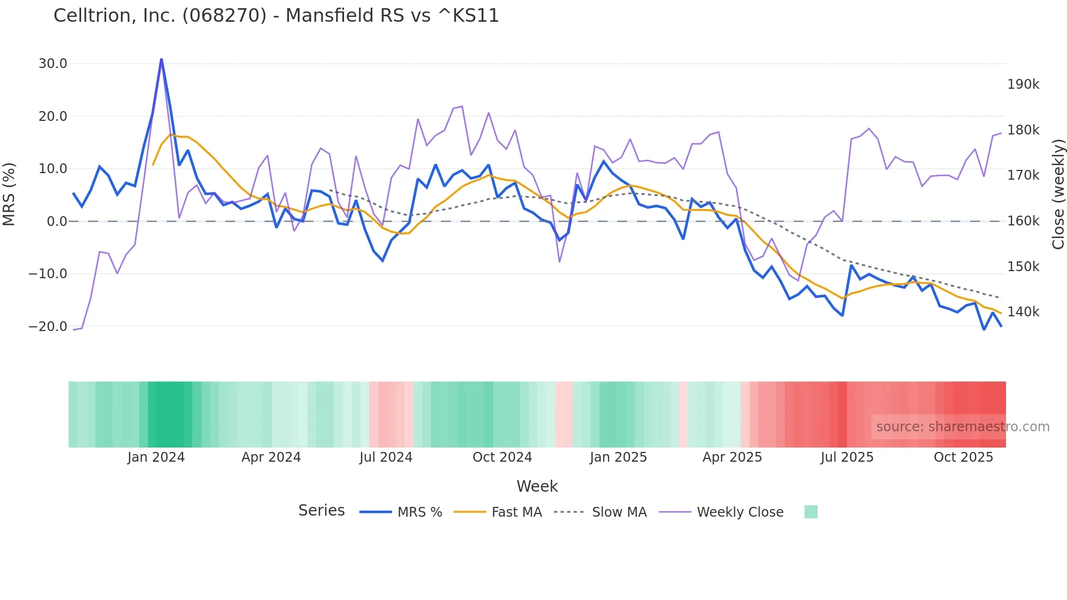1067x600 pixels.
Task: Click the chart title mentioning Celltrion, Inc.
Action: click(x=276, y=15)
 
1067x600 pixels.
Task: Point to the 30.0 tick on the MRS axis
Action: click(x=53, y=64)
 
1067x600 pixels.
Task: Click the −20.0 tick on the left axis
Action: click(x=48, y=327)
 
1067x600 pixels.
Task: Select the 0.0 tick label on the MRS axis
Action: click(x=57, y=222)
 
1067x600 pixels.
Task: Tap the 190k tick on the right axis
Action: click(x=1023, y=84)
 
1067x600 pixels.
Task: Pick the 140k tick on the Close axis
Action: click(x=1023, y=312)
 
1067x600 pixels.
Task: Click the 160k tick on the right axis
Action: click(x=1023, y=221)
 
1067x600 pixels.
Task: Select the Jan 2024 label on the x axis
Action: click(x=156, y=457)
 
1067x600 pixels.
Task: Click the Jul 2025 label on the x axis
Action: click(x=847, y=457)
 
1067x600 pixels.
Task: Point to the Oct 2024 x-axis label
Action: click(x=502, y=457)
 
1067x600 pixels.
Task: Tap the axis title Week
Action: click(x=537, y=486)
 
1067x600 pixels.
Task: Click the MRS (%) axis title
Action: click(x=9, y=194)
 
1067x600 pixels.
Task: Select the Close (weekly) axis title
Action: click(x=1058, y=194)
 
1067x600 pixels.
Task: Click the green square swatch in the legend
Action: click(x=811, y=512)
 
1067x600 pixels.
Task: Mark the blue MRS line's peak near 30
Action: click(x=161, y=59)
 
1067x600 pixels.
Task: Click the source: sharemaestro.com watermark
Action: click(x=962, y=427)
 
